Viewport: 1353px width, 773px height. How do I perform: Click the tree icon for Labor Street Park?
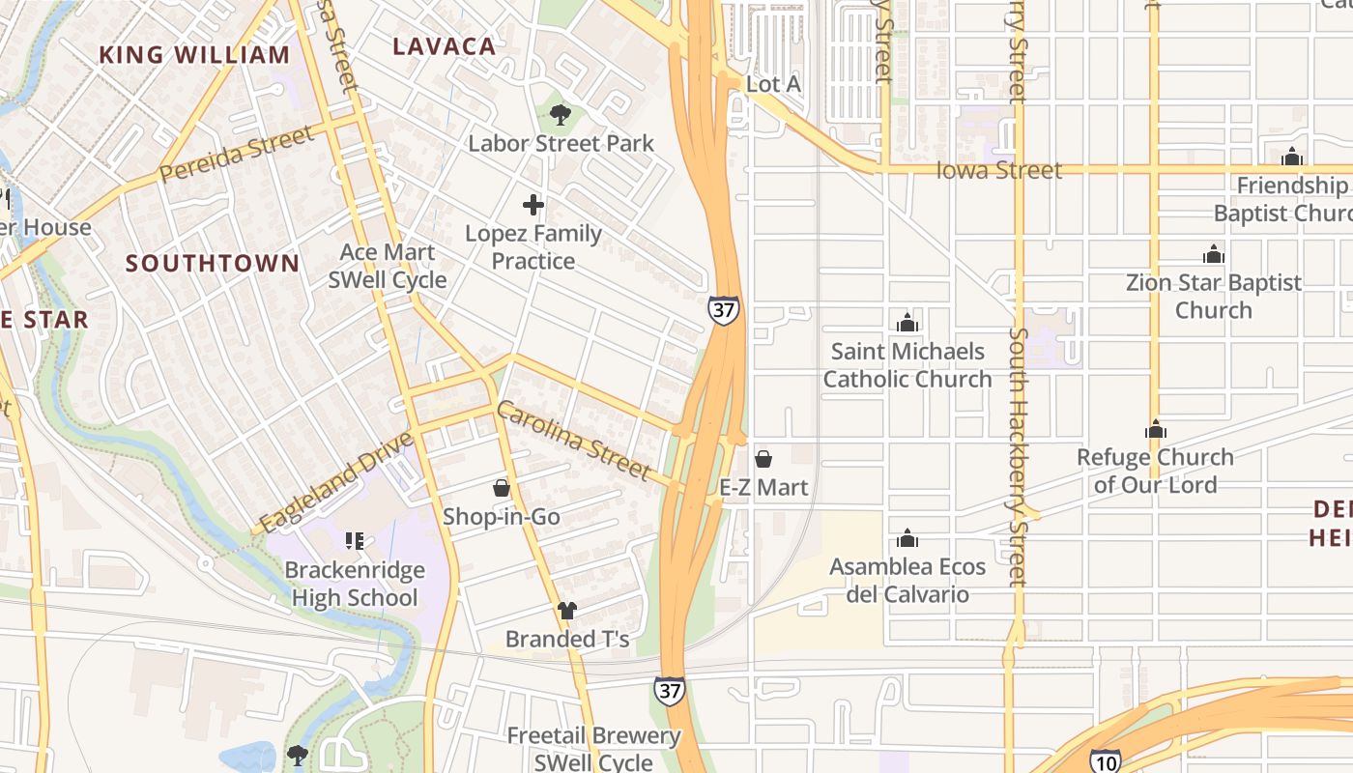click(x=560, y=116)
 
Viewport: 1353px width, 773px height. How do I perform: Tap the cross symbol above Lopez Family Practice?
click(x=533, y=205)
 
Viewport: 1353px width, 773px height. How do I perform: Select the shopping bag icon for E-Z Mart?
click(x=763, y=459)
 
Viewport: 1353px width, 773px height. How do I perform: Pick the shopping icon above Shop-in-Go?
click(x=502, y=488)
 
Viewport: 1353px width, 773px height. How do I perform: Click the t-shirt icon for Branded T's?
click(x=567, y=611)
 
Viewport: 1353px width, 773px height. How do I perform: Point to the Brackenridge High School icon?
click(x=355, y=541)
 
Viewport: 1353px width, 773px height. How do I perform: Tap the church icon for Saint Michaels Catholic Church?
click(x=907, y=323)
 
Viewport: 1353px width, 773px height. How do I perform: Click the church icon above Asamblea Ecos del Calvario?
click(x=907, y=538)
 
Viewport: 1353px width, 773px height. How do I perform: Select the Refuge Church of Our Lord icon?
click(x=1156, y=429)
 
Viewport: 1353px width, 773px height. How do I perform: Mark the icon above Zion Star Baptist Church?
click(x=1214, y=255)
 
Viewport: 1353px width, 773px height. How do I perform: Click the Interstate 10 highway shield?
click(x=1106, y=761)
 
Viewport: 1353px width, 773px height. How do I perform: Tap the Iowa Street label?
click(x=999, y=170)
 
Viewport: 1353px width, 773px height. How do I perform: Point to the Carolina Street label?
click(x=573, y=441)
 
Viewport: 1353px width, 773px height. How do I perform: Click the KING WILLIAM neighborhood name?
click(x=194, y=54)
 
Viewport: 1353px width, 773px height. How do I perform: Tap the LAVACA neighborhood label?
click(x=445, y=45)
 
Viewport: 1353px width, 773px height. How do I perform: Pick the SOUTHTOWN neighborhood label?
click(x=213, y=263)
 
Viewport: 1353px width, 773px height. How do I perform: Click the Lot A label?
click(x=773, y=84)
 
